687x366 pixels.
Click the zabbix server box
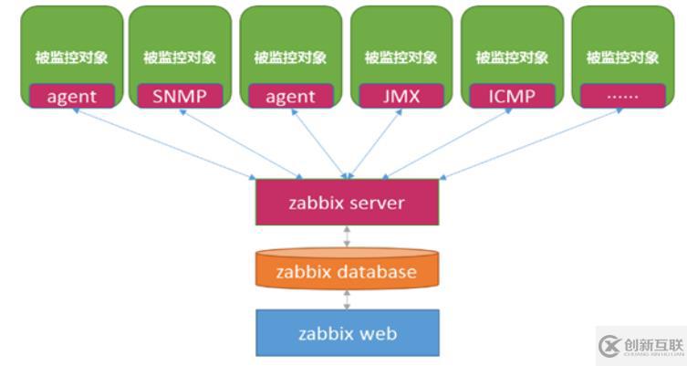tap(346, 202)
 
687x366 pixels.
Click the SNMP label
tap(180, 96)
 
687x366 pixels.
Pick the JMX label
tap(401, 96)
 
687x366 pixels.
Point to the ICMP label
tap(512, 96)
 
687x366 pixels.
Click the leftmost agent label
tap(69, 96)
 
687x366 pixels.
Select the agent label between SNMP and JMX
tap(290, 96)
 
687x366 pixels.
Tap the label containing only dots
tap(623, 96)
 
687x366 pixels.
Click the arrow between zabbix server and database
tap(347, 236)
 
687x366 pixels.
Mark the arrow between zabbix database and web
tap(347, 298)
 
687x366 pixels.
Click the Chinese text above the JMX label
tap(401, 58)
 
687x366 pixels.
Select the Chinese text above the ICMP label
tap(512, 58)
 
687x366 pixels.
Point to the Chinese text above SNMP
tap(180, 58)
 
